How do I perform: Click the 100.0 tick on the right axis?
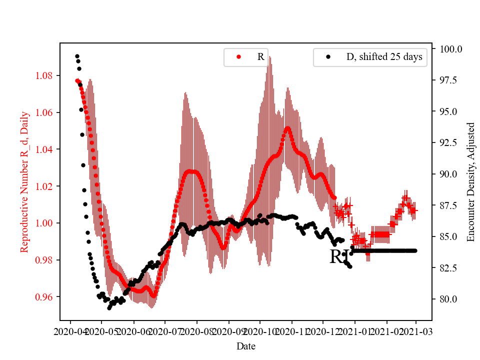450,49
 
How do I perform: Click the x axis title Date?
245,345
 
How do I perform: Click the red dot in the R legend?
238,57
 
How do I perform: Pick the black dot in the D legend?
328,57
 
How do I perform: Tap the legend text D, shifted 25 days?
384,57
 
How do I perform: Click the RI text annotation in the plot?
338,257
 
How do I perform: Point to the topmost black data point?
77,56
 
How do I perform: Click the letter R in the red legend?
260,57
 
